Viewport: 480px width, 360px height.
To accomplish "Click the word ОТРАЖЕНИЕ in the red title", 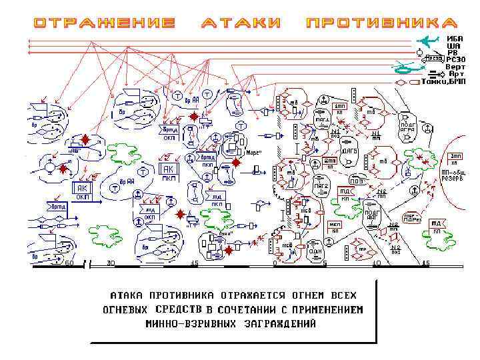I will tap(105, 23).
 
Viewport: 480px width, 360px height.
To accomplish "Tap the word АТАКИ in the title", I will tap(241, 23).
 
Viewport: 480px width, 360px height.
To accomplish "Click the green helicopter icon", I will tap(405, 67).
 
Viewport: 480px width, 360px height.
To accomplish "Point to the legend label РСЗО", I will tap(456, 59).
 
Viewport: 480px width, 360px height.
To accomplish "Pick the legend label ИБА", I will tap(455, 39).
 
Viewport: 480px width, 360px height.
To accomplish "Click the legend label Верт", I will tap(456, 67).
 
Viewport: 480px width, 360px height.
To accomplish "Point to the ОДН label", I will tap(316, 251).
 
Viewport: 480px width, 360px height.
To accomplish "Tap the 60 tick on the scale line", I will tap(69, 263).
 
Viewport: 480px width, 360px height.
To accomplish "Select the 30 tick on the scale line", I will tap(111, 263).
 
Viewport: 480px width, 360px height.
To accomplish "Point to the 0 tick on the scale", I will tap(275, 263).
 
